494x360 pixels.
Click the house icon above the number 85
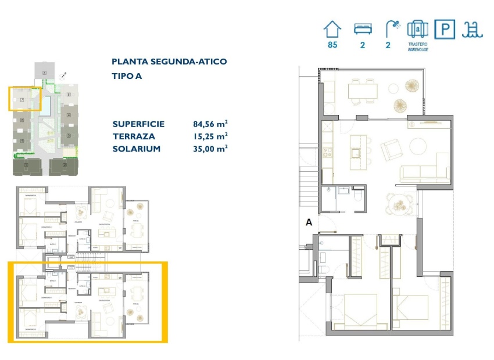(x=332, y=29)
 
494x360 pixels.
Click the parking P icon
(x=443, y=29)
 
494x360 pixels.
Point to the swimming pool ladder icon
(x=470, y=29)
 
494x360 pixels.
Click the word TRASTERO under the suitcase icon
(x=418, y=45)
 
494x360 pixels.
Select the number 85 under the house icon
(x=332, y=45)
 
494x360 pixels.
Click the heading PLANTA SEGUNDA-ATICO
(x=169, y=62)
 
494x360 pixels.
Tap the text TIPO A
(x=127, y=76)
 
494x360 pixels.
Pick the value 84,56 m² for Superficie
(x=210, y=124)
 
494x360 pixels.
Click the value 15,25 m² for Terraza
(x=210, y=136)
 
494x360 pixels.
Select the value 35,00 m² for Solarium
(x=210, y=149)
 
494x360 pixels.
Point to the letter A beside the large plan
(x=309, y=221)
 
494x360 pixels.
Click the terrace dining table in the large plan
(x=363, y=91)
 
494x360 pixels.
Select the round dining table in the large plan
(x=400, y=204)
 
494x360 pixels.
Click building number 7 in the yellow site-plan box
(x=22, y=100)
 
